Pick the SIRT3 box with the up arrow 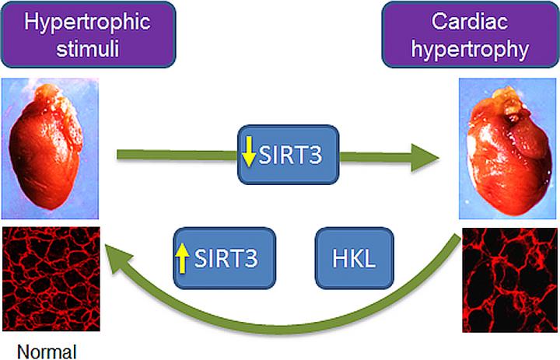[x=224, y=258]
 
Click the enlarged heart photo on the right [x=508, y=152]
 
